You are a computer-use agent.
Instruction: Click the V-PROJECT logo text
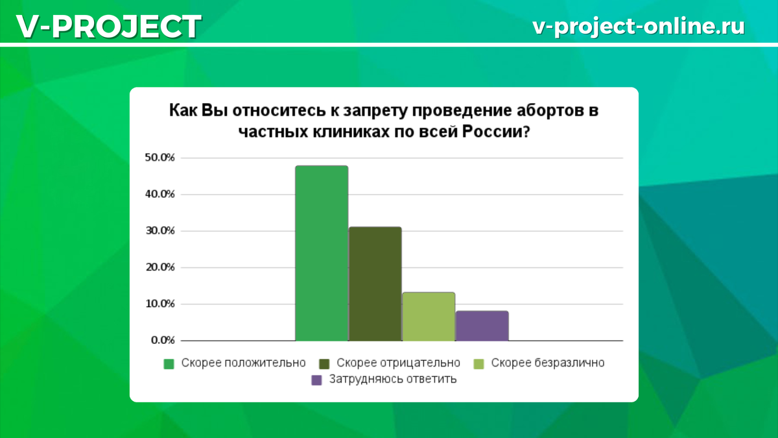[x=108, y=27]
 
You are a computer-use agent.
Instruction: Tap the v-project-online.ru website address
[x=638, y=26]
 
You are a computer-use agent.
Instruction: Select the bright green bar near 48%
[x=322, y=253]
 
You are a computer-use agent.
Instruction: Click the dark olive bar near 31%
[x=375, y=284]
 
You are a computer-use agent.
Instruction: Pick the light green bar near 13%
[x=429, y=317]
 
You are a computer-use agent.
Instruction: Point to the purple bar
[x=482, y=326]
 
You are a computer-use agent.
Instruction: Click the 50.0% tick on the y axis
[x=159, y=158]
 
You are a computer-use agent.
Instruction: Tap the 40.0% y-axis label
[x=159, y=194]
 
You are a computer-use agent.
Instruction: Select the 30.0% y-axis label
[x=159, y=231]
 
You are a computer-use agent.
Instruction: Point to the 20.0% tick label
[x=159, y=267]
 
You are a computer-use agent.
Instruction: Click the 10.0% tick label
[x=159, y=304]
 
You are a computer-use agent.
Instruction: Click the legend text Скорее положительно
[x=243, y=363]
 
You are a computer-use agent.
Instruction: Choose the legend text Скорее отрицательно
[x=399, y=363]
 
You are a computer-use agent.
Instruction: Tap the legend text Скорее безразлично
[x=548, y=363]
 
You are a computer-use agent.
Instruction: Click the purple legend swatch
[x=316, y=380]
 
